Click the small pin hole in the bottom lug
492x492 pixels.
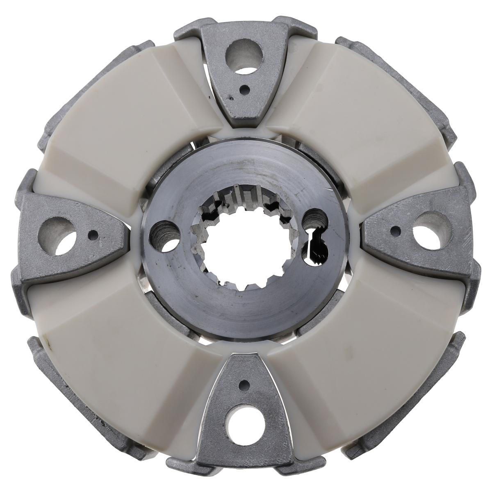point(244,385)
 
